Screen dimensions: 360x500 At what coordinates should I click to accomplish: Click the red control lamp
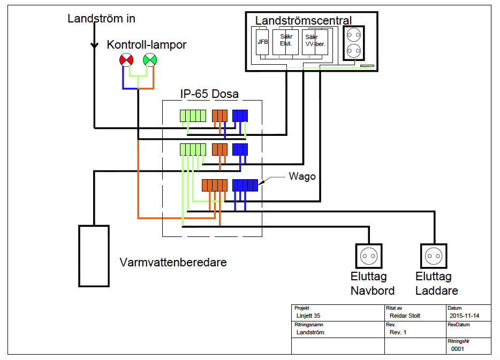[x=126, y=60]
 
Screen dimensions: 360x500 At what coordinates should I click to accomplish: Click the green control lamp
[x=149, y=60]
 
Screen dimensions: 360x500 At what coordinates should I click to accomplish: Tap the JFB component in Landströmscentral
[x=262, y=42]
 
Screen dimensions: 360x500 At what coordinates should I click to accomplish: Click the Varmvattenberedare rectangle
[x=94, y=256]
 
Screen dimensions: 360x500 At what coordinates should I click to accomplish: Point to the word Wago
[x=302, y=177]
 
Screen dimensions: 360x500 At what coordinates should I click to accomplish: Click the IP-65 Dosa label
[x=209, y=94]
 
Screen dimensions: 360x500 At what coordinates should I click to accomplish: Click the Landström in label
[x=101, y=19]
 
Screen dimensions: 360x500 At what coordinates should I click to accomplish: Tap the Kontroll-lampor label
[x=146, y=45]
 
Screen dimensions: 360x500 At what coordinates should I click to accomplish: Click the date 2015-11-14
[x=465, y=316]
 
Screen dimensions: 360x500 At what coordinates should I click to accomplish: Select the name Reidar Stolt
[x=405, y=316]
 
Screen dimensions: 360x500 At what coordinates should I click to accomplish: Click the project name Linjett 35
[x=308, y=316]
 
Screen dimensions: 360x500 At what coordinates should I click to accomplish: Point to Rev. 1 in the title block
[x=398, y=332]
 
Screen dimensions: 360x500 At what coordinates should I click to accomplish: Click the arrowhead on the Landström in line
[x=94, y=46]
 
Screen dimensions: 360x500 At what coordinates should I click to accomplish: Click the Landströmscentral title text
[x=303, y=20]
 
